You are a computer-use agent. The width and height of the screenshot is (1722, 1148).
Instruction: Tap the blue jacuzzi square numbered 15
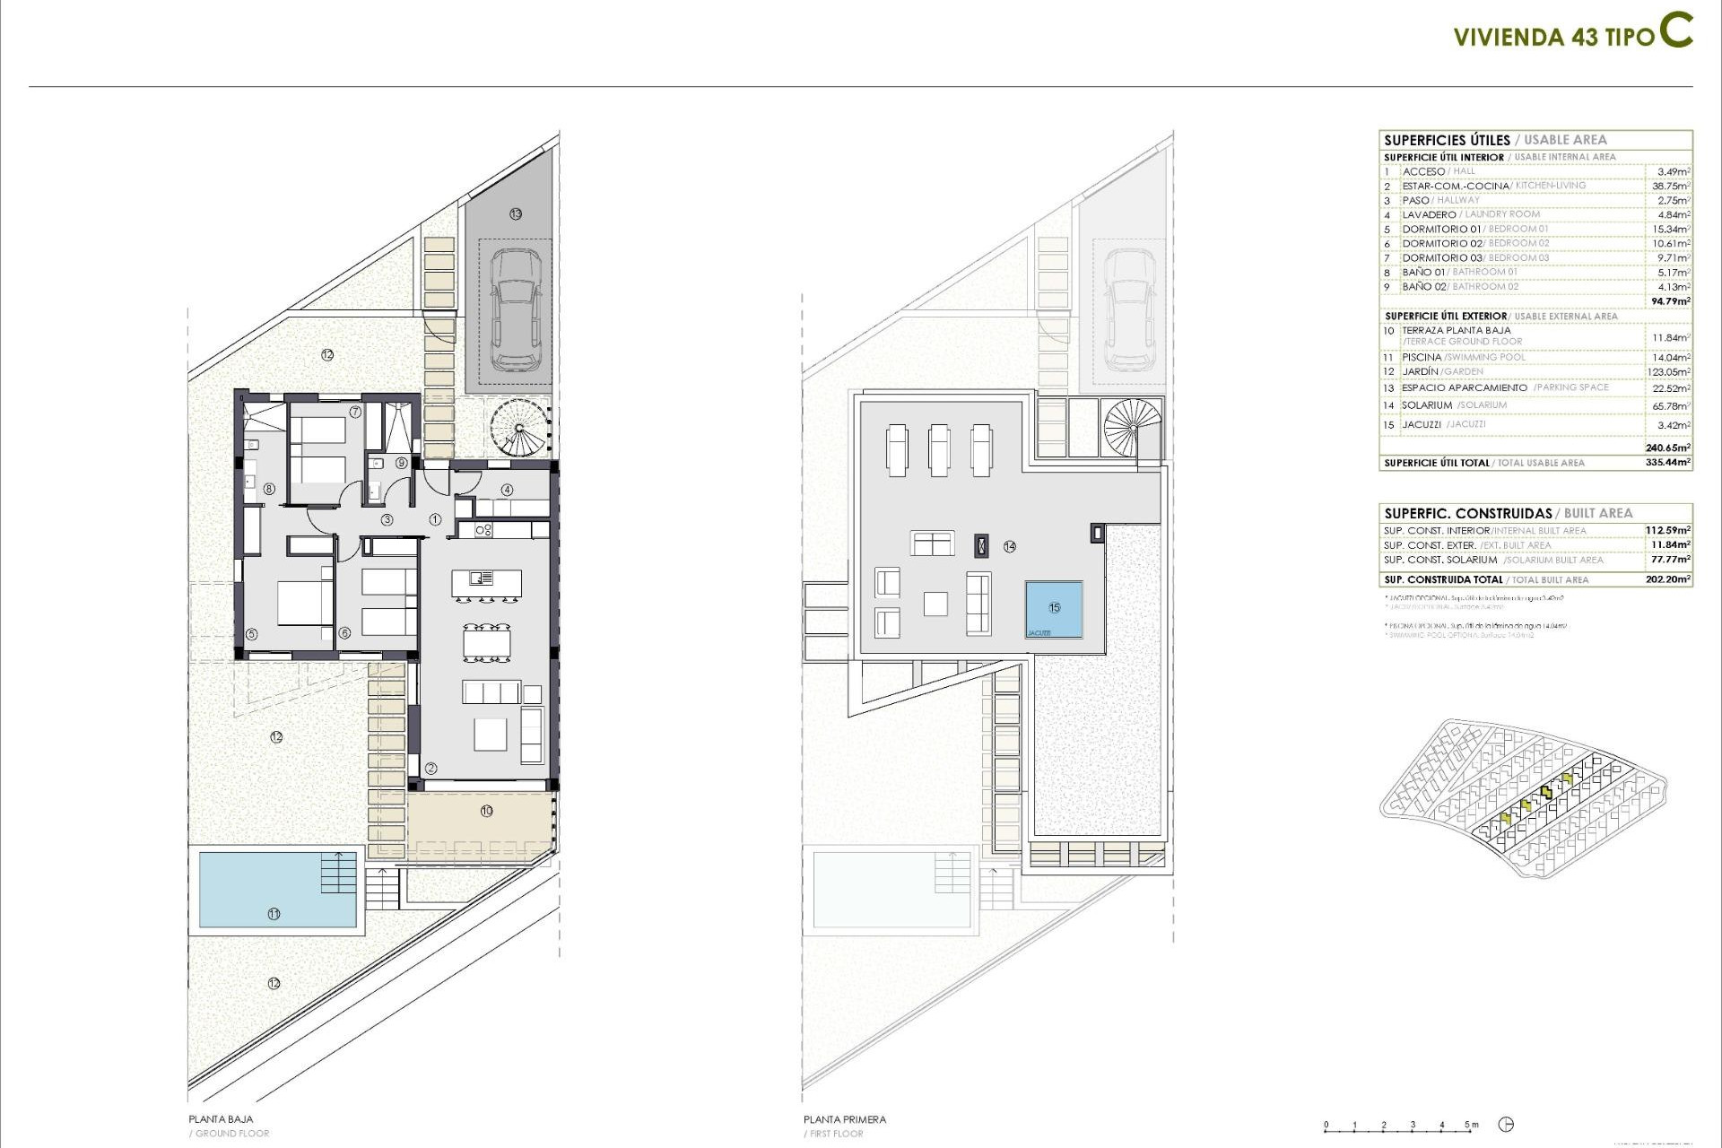[x=1054, y=609]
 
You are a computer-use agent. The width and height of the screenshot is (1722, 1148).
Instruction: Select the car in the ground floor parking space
[x=515, y=309]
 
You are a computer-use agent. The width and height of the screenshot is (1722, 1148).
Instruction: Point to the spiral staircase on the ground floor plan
[x=518, y=428]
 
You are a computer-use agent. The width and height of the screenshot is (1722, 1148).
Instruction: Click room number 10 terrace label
[x=486, y=811]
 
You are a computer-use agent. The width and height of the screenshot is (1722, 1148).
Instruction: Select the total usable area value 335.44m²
[x=1671, y=463]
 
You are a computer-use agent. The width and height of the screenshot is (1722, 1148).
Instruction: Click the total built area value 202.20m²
[x=1667, y=579]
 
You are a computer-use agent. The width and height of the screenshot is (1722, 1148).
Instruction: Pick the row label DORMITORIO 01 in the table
[x=1441, y=229]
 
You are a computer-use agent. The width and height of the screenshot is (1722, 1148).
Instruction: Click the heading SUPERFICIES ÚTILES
[x=1447, y=140]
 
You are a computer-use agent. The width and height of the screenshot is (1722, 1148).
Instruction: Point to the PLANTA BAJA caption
[x=221, y=1119]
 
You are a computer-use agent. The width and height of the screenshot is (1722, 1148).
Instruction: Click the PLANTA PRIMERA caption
[x=844, y=1119]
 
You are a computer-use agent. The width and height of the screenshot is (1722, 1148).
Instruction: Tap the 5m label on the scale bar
[x=1471, y=1125]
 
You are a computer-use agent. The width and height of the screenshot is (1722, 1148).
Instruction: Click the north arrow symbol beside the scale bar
[x=1506, y=1125]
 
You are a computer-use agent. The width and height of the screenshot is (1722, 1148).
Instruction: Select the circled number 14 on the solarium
[x=1010, y=546]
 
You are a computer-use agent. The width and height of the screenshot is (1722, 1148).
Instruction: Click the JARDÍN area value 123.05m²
[x=1671, y=371]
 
